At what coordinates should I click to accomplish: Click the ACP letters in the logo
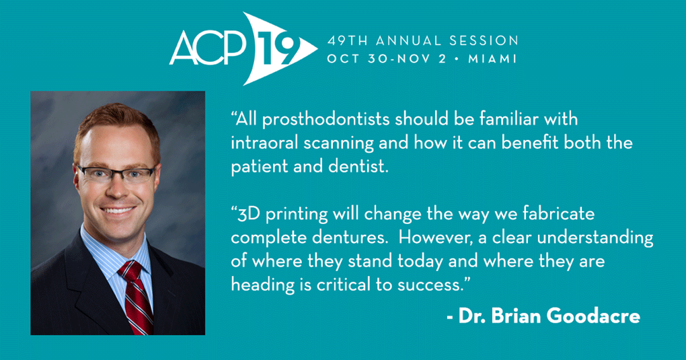tap(207, 48)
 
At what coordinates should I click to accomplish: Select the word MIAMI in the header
tap(492, 59)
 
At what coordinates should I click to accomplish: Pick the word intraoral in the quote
tap(264, 143)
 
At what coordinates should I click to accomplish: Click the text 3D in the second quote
tap(249, 215)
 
